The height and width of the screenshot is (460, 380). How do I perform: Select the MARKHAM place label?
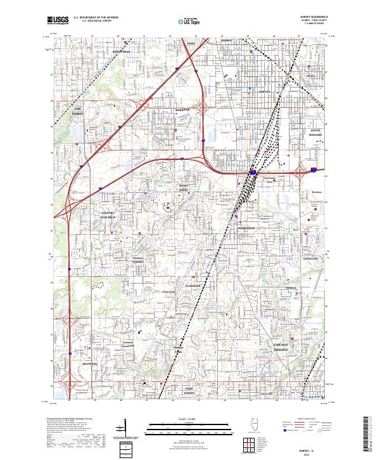coord(182,109)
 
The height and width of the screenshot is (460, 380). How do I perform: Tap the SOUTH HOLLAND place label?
coord(315,133)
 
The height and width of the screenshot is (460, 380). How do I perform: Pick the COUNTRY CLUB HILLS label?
coord(108,214)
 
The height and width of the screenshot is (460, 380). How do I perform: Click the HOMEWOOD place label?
coord(246,228)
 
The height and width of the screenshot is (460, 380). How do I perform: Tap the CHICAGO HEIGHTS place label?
coord(281,346)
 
